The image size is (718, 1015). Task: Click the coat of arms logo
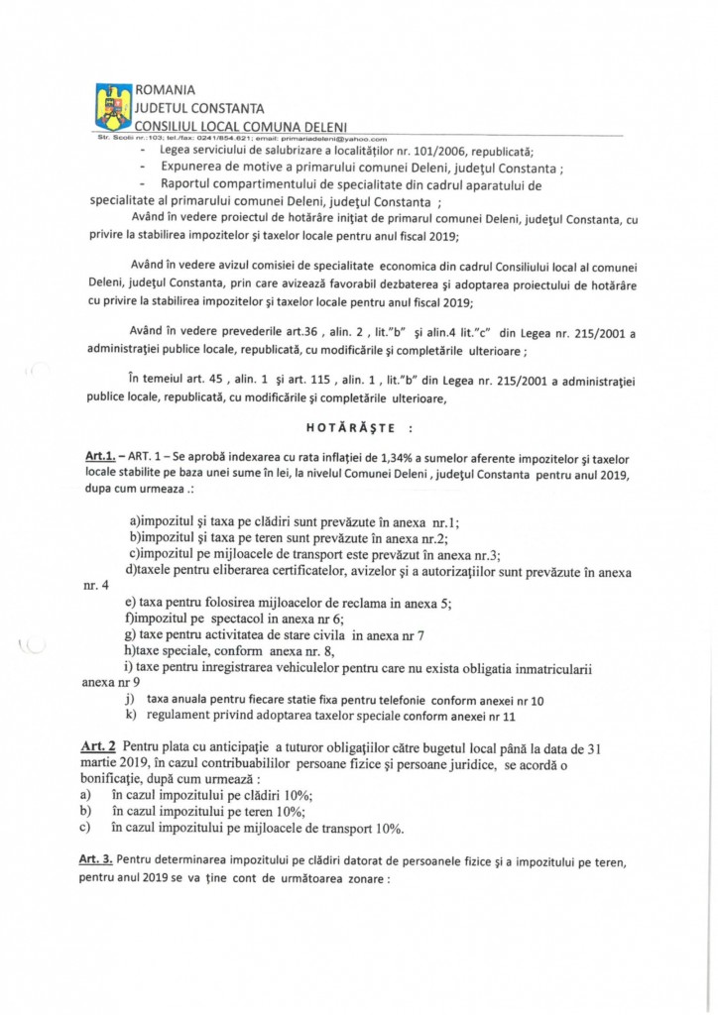(x=113, y=107)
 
